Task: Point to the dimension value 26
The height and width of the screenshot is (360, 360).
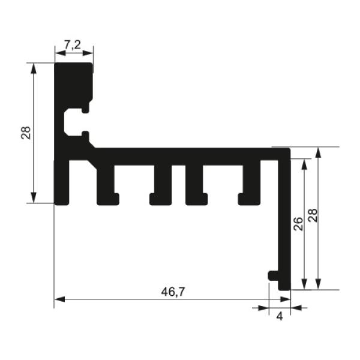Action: tap(298, 223)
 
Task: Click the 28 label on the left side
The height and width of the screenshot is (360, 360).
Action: tap(26, 133)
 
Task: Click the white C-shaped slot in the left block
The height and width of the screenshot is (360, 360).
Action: tap(72, 122)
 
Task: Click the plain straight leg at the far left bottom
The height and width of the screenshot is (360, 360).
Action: tap(62, 183)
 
